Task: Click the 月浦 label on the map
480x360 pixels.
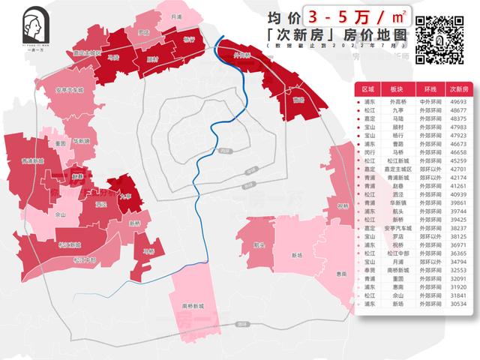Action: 176,16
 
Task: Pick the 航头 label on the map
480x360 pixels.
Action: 259,244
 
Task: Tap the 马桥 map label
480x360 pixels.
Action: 148,250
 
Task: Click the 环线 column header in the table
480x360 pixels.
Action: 430,88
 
